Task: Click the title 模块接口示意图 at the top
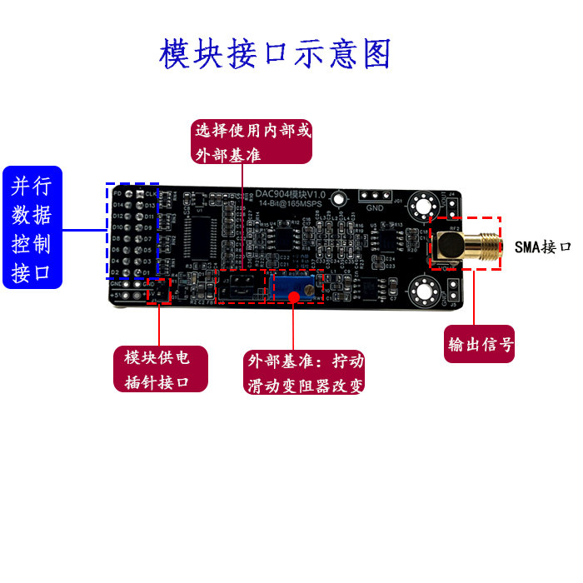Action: (275, 55)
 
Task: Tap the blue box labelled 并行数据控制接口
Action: (32, 227)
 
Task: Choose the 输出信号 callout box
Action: (480, 344)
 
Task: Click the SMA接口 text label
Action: (542, 247)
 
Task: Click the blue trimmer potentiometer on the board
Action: (295, 289)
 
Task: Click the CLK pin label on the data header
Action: (151, 193)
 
